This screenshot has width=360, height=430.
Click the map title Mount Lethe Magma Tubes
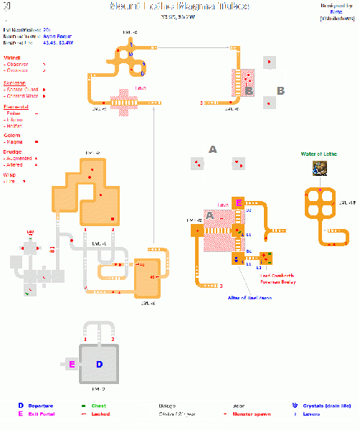[x=179, y=6]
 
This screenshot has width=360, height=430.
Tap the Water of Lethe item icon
[x=318, y=167]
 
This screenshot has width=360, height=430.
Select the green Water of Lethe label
[x=319, y=154]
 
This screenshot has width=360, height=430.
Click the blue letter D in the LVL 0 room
[x=100, y=365]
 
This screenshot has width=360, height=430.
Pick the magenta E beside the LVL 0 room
[x=72, y=365]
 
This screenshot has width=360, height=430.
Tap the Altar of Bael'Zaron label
[x=250, y=296]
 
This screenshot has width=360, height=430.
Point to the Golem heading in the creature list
[x=12, y=135]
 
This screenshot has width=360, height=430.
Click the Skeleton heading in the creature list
[x=15, y=83]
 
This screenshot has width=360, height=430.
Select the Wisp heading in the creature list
[x=11, y=174]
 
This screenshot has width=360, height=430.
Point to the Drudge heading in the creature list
[x=13, y=152]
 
